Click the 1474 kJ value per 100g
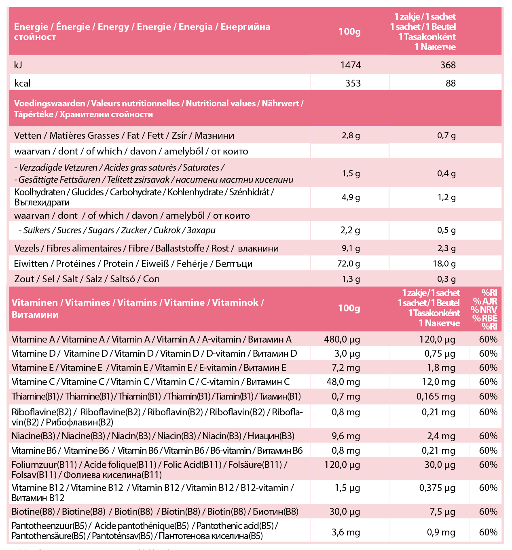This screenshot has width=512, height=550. (x=350, y=65)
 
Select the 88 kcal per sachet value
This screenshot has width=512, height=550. (x=450, y=83)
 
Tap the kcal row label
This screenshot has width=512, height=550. (x=22, y=83)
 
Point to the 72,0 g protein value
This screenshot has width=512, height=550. (x=348, y=264)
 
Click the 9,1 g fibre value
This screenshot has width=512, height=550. (x=350, y=248)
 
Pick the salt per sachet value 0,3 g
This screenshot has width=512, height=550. (x=446, y=279)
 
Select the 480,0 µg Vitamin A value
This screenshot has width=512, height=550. (x=342, y=339)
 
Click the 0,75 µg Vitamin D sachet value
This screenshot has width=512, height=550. (x=440, y=353)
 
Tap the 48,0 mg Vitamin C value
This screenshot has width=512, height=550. (x=343, y=382)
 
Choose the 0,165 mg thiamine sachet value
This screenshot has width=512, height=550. (x=436, y=396)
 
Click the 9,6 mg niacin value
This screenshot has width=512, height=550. (x=346, y=436)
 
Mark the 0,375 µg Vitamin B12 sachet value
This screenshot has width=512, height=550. (x=437, y=488)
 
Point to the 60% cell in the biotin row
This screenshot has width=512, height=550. (x=488, y=512)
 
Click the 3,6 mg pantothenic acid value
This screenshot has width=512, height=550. (x=346, y=532)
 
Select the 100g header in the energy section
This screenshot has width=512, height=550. (x=349, y=32)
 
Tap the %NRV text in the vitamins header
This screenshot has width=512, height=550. (x=484, y=310)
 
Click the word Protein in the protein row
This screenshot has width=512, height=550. (x=118, y=264)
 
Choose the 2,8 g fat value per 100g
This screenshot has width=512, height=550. (x=351, y=135)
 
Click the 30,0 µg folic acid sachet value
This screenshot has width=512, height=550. (x=440, y=465)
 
